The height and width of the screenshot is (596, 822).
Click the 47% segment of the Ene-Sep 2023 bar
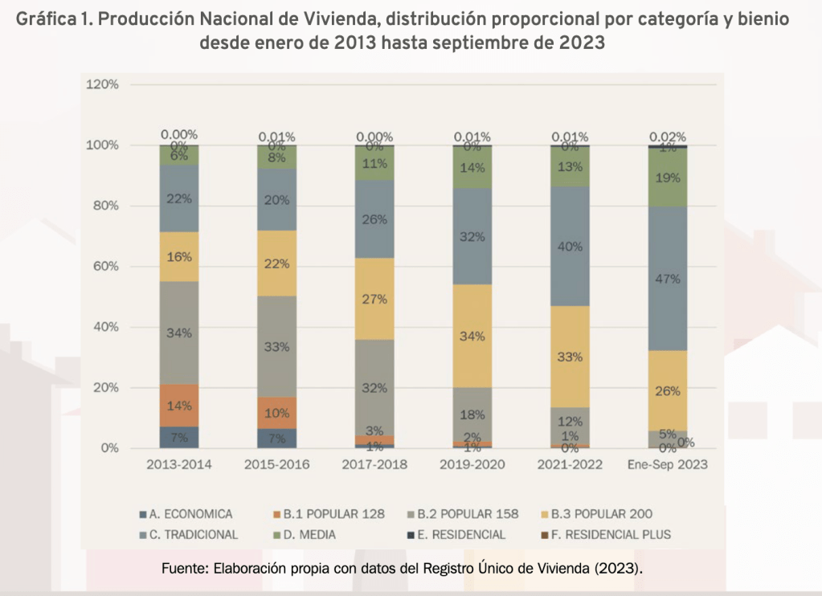[668, 279]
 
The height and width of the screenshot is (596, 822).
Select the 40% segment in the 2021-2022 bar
[569, 247]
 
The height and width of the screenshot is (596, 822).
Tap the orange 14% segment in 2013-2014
[178, 406]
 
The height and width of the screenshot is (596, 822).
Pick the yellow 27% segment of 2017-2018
[374, 299]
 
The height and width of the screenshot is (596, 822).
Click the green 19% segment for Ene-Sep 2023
[668, 179]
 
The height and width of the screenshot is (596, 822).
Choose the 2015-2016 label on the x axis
[276, 465]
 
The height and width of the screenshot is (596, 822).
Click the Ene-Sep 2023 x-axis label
[667, 465]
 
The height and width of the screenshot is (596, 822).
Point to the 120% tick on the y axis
[102, 84]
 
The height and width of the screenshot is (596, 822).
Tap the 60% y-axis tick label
[105, 266]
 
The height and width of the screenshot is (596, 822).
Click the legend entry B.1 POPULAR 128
[327, 514]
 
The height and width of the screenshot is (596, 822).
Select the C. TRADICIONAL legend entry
[193, 534]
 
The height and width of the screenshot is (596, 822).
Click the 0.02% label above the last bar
[668, 137]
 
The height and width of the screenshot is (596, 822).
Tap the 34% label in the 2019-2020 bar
[473, 336]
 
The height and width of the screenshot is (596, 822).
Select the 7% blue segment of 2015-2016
[276, 438]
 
